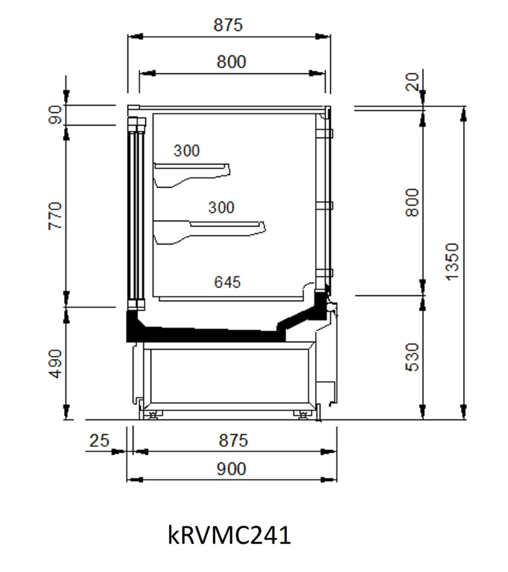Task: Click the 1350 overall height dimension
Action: (x=451, y=262)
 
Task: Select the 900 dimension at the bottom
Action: (x=231, y=469)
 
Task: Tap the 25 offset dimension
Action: (x=99, y=440)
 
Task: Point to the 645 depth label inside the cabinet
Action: (x=227, y=282)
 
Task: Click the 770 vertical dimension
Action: (x=55, y=215)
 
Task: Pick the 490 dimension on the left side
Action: (x=55, y=364)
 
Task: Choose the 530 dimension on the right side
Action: (x=412, y=357)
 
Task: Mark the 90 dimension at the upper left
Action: (x=55, y=114)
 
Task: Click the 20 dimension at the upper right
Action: (x=412, y=82)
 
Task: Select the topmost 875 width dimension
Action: (x=228, y=25)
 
